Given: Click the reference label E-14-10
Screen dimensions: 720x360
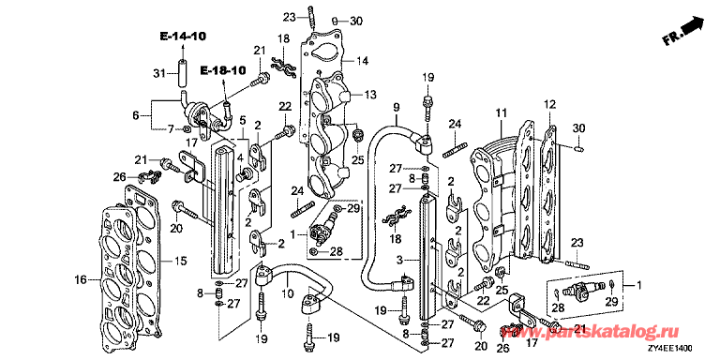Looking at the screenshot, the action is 183,36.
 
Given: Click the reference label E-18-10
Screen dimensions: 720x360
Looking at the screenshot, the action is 223,70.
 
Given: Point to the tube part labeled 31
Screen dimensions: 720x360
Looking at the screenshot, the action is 183,72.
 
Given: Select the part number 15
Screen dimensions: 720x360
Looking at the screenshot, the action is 181,261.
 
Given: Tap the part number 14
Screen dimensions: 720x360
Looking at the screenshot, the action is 363,60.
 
